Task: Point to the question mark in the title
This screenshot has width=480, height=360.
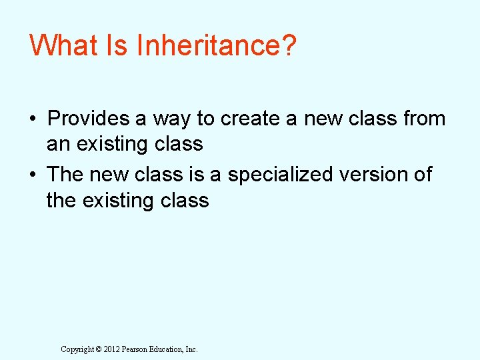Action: coord(287,46)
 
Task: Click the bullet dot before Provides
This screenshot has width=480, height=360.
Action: coord(32,119)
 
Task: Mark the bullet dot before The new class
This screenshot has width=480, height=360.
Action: coord(32,175)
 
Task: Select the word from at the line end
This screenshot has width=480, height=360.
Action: coord(424,119)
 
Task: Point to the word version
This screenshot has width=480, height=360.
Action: coord(380,175)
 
